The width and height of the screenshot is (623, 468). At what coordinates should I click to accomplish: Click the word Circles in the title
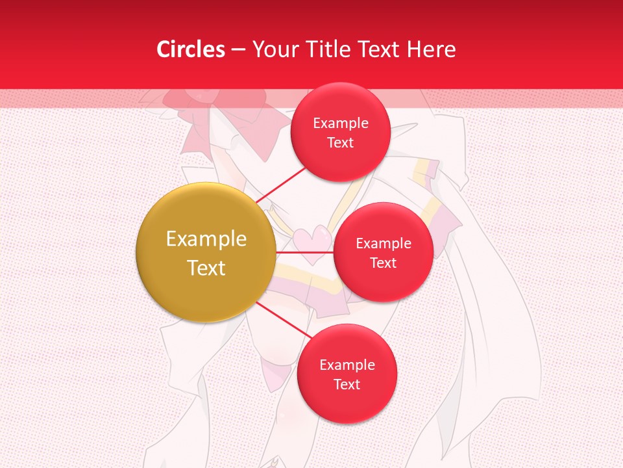tap(190, 49)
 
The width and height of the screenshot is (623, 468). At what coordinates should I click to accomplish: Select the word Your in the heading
tap(273, 49)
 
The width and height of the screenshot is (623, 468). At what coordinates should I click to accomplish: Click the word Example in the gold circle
tap(206, 239)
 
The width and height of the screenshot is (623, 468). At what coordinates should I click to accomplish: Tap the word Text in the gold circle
tap(206, 268)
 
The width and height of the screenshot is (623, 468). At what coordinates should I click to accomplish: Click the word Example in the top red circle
tap(341, 123)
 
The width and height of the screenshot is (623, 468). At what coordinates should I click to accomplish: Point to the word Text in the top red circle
tap(341, 143)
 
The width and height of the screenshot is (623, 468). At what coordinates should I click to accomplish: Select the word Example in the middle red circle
tap(384, 244)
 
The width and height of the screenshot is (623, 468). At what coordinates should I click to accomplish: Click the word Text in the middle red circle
tap(384, 263)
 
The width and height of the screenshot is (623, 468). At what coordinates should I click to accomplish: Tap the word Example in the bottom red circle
tap(347, 365)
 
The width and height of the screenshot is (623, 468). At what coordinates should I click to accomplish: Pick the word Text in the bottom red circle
tap(347, 385)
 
